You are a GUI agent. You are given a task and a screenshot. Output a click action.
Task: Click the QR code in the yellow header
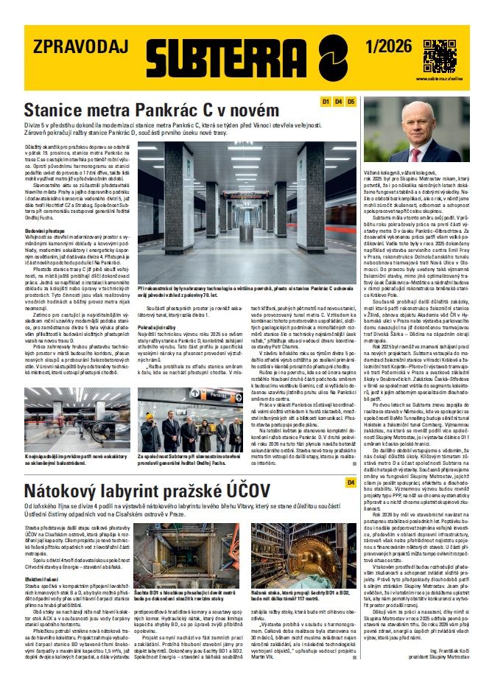pyautogui.click(x=440, y=54)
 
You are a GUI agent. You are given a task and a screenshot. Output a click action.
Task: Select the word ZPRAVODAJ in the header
pyautogui.click(x=74, y=47)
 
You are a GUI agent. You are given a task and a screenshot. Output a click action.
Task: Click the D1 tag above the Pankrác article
pyautogui.click(x=326, y=101)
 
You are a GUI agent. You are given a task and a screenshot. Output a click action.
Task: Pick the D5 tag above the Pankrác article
pyautogui.click(x=351, y=101)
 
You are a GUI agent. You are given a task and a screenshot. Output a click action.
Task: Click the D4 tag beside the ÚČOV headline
pyautogui.click(x=351, y=483)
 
